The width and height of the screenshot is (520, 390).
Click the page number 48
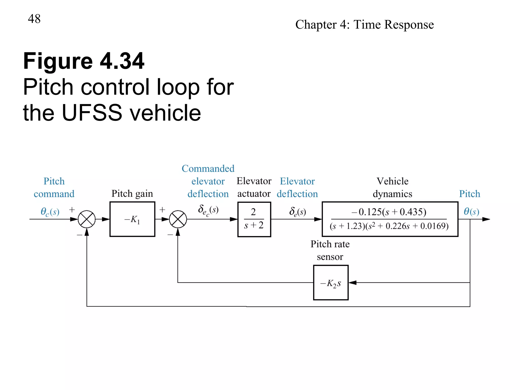[34, 19]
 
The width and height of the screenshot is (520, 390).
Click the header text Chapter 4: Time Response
[364, 25]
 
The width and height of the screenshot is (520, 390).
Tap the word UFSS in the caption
[92, 113]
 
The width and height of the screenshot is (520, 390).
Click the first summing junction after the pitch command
[87, 219]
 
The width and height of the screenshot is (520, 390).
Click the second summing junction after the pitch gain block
[178, 219]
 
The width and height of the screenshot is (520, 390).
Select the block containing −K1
[132, 219]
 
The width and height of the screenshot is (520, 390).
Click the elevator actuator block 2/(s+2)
[254, 219]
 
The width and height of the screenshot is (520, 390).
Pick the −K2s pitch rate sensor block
[331, 283]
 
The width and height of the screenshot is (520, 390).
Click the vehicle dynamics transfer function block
[390, 219]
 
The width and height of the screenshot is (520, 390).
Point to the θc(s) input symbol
[50, 212]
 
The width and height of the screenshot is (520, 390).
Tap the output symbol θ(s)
[471, 211]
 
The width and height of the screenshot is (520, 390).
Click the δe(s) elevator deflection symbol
[297, 212]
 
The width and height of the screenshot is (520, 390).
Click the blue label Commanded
[208, 169]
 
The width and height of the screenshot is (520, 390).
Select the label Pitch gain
[132, 193]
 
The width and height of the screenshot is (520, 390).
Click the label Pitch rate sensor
[330, 250]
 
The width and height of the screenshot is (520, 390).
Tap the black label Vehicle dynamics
[392, 187]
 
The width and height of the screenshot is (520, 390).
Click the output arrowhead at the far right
[486, 219]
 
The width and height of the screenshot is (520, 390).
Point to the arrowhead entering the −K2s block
[353, 283]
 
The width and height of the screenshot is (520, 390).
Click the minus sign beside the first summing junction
[79, 235]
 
